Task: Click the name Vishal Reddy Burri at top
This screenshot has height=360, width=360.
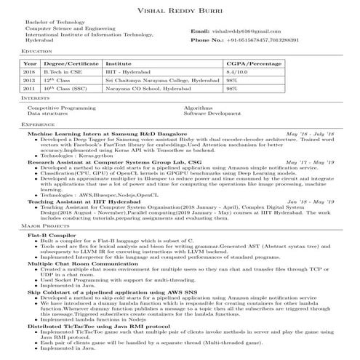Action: point(180,8)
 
